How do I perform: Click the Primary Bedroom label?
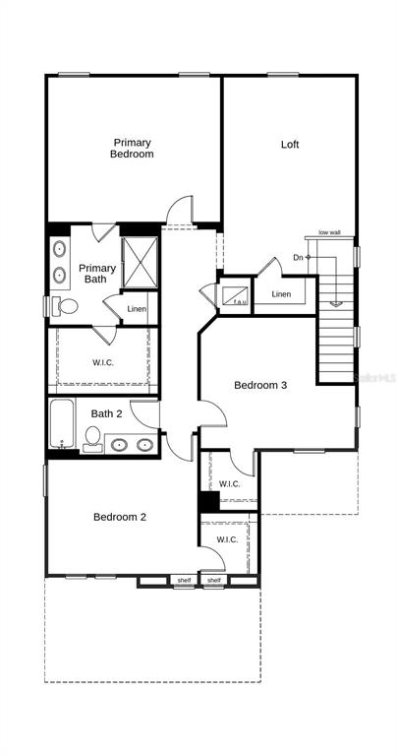(132, 148)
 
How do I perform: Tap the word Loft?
(290, 144)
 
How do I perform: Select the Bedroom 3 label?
(260, 385)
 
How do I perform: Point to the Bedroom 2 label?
(119, 517)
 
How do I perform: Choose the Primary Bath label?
(97, 273)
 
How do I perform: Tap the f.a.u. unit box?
(235, 295)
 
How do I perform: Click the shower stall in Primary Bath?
(141, 262)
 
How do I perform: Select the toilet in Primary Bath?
(65, 306)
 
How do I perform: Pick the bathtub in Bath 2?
(62, 423)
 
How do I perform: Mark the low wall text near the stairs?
(329, 233)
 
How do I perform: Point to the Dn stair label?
(298, 258)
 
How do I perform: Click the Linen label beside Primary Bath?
(137, 308)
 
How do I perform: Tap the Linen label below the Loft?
(281, 294)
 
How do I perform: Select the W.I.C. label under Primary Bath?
(103, 362)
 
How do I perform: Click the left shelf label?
(185, 580)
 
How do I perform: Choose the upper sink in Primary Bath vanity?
(60, 249)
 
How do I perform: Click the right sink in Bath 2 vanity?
(144, 445)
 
